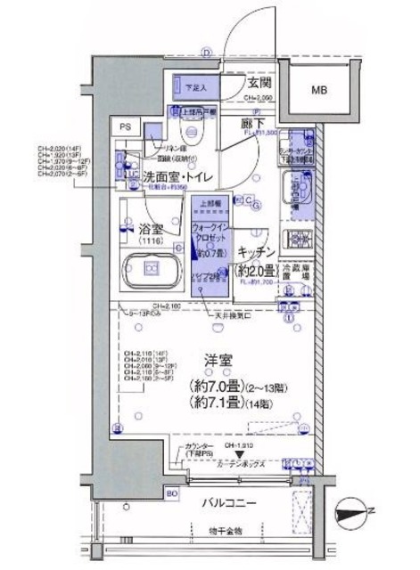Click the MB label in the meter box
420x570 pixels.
(318, 90)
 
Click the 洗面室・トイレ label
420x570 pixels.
(177, 177)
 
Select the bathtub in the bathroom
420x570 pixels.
(151, 269)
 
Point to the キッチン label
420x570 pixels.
(258, 252)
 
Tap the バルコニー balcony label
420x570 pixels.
(228, 503)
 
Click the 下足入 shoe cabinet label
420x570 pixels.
(194, 87)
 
